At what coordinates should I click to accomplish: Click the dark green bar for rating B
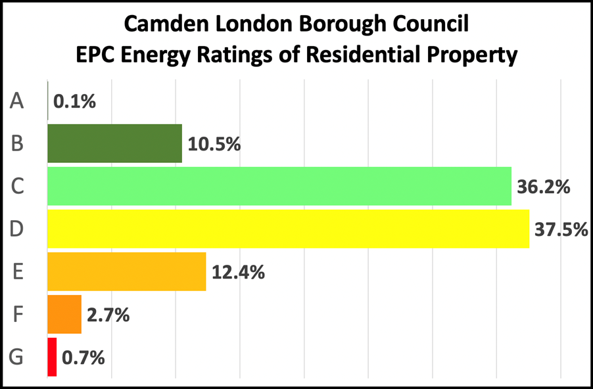point(114,143)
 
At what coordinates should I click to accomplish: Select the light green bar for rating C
point(279,187)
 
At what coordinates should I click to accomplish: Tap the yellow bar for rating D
point(288,229)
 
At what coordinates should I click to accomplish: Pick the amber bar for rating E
point(126,271)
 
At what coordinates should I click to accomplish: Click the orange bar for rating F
point(64,314)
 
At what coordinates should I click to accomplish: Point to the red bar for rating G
point(52,357)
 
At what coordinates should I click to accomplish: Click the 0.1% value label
point(75,102)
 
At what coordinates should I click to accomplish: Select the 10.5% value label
point(214,144)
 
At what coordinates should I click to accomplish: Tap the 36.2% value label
point(543,187)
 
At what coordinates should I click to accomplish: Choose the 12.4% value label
point(238,272)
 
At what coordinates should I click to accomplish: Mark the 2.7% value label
point(108,315)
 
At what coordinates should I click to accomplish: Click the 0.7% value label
point(83,358)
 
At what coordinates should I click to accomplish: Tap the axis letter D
point(18,229)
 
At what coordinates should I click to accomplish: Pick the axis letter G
point(18,357)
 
